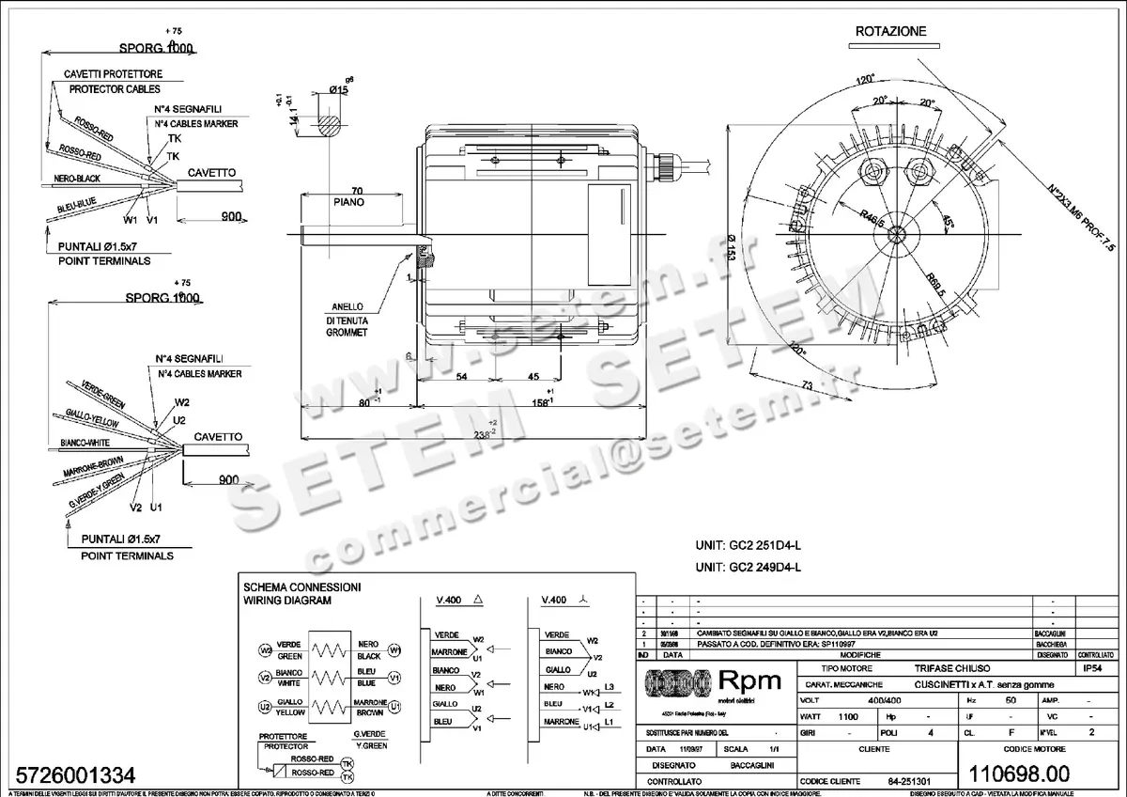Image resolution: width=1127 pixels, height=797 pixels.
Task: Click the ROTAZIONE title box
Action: (890, 31)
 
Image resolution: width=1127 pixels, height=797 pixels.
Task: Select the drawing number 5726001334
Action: (71, 776)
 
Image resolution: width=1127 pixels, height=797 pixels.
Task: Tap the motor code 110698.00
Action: (1022, 774)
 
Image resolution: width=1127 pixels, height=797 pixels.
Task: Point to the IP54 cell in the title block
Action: (1093, 669)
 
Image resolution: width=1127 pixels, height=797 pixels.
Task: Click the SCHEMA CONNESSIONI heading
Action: (301, 586)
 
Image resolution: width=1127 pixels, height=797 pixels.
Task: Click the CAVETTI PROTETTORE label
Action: (112, 73)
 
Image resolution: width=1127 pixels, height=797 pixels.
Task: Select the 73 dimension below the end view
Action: (806, 384)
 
